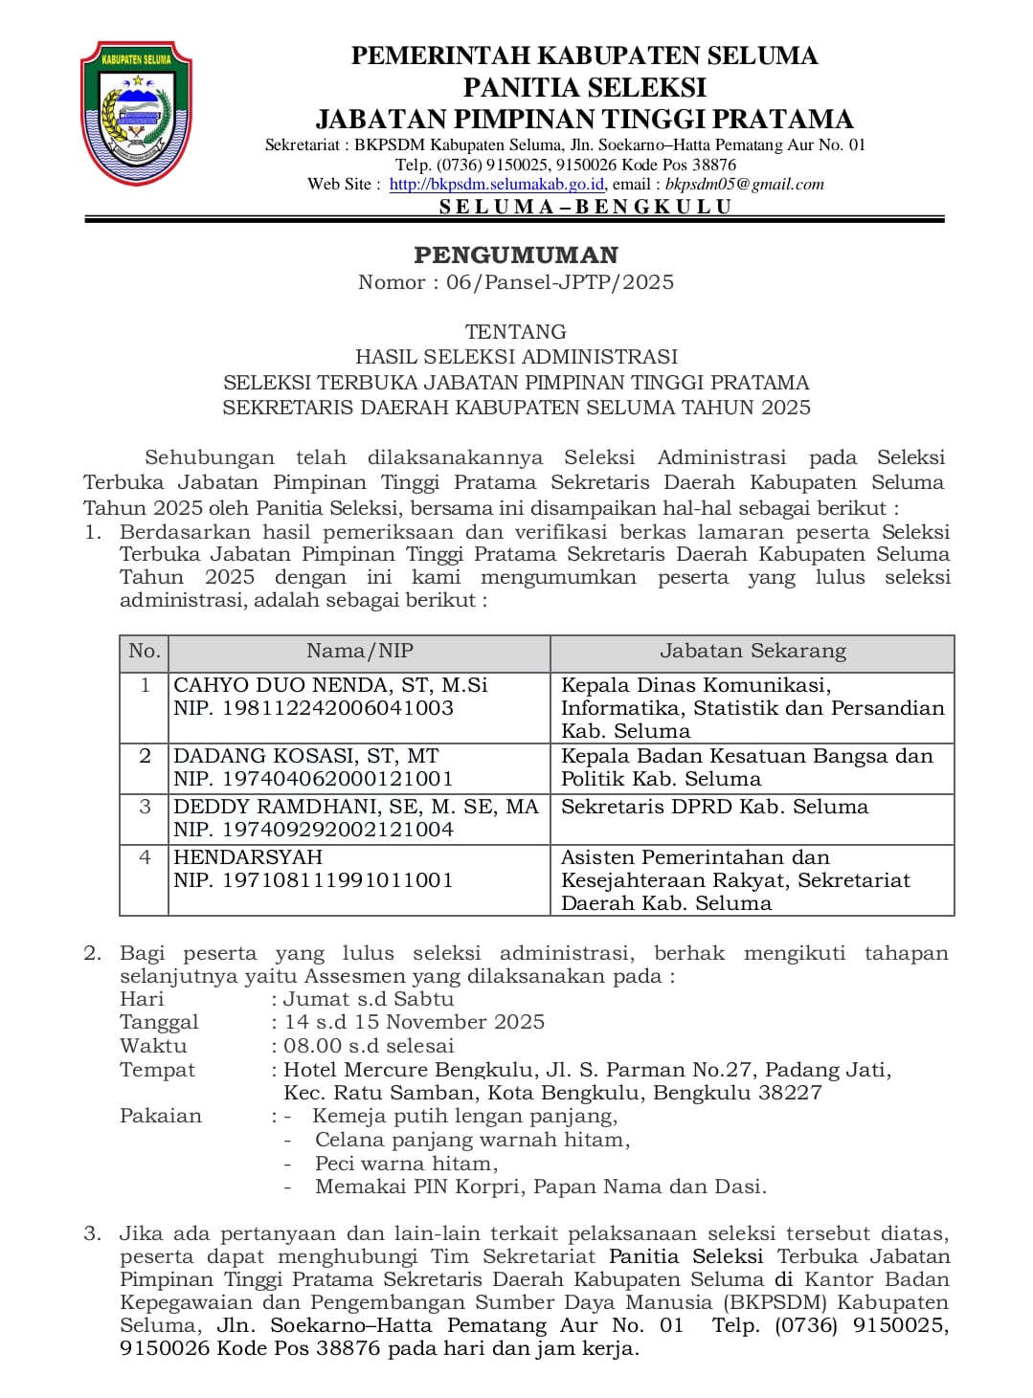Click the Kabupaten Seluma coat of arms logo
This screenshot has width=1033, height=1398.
point(136,112)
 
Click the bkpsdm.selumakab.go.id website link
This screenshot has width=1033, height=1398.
point(496,185)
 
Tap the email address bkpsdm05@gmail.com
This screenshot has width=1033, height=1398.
point(744,185)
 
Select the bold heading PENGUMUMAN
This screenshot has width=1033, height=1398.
point(516,255)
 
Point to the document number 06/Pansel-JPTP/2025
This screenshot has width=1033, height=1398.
point(559,282)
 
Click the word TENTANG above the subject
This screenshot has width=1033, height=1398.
point(516,332)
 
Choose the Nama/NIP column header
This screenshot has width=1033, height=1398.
point(360,652)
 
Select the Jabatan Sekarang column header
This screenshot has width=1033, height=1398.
point(752,652)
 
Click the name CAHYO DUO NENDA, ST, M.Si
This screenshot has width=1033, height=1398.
point(330,685)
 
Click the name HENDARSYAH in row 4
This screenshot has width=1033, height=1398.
point(248,857)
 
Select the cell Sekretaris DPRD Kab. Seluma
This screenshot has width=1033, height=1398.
point(714,807)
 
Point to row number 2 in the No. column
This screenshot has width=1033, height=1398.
point(146,756)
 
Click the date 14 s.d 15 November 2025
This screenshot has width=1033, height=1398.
point(415,1022)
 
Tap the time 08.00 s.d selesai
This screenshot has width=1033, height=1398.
point(369,1046)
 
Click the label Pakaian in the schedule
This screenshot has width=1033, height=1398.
point(161,1116)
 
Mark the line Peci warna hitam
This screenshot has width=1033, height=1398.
point(406,1164)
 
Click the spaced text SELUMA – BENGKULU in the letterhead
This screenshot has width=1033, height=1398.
point(585,207)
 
